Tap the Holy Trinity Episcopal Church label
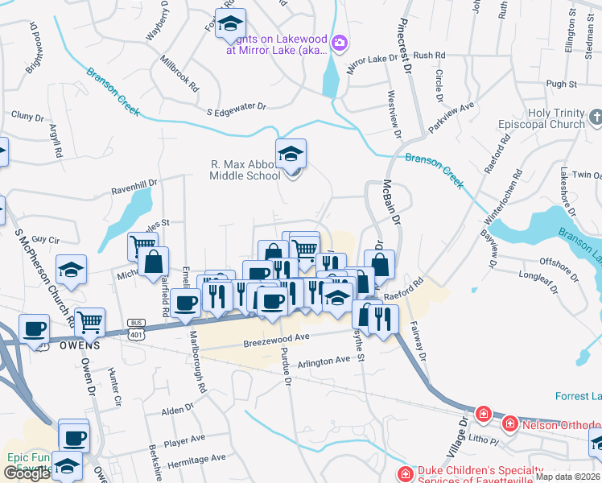[x=556, y=119]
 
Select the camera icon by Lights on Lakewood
[x=340, y=42]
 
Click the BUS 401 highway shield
[x=136, y=324]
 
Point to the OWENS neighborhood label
[x=78, y=345]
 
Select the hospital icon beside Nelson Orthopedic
[x=509, y=423]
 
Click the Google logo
[x=27, y=473]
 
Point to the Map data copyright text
[x=567, y=477]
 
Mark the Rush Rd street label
[x=429, y=56]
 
